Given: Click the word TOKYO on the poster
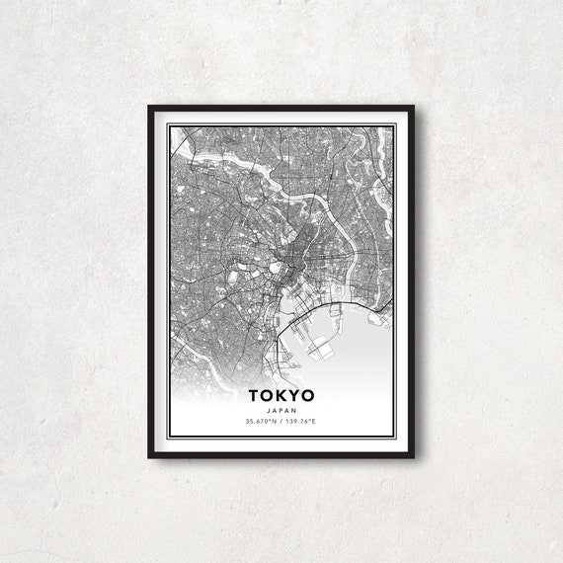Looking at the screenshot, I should (281, 397).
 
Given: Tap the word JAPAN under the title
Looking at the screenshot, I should (281, 411).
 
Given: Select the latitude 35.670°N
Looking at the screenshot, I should (262, 422).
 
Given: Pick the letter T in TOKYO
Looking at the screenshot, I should (255, 397).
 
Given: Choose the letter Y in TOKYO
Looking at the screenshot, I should (293, 397).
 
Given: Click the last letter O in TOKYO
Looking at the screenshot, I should (307, 397).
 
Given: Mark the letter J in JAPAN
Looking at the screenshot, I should (269, 411).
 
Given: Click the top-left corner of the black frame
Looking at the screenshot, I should (150, 107).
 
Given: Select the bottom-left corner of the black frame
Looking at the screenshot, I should (150, 456).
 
